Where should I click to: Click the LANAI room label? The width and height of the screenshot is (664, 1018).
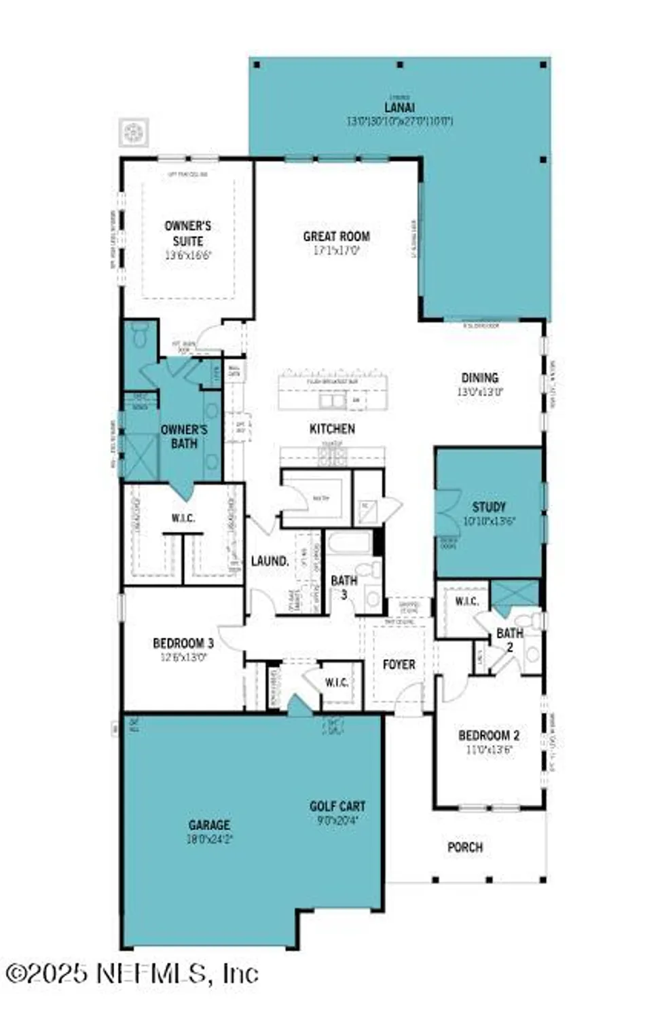(399, 107)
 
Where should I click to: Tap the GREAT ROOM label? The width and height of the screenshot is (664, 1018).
(336, 236)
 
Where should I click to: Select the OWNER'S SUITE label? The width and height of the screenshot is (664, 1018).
(187, 233)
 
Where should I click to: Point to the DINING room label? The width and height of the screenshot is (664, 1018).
(479, 378)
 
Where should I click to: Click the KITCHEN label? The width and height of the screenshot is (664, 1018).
(332, 429)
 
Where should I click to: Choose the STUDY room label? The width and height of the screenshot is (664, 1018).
(489, 507)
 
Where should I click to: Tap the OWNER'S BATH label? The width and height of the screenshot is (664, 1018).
(184, 436)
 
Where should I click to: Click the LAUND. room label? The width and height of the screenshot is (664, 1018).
(270, 561)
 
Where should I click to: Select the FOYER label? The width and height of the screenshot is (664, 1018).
(399, 664)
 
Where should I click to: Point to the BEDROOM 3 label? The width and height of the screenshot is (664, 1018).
(183, 643)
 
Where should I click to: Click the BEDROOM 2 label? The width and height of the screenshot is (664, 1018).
(489, 736)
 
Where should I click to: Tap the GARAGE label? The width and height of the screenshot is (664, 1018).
(209, 825)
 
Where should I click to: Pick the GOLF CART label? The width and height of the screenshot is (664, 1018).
(337, 806)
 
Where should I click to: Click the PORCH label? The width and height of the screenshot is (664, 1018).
(465, 847)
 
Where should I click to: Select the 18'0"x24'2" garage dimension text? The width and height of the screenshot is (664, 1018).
(209, 839)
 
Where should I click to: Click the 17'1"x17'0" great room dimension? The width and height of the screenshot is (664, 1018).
(336, 250)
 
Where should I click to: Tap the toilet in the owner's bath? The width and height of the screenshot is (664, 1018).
(141, 336)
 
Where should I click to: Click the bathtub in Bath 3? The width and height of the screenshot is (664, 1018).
(349, 544)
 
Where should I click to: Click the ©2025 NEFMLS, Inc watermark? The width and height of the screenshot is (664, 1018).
(132, 974)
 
